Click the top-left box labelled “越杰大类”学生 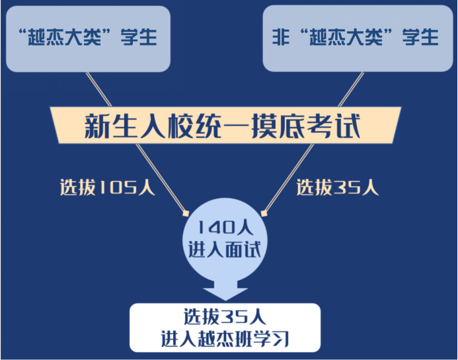point(88,39)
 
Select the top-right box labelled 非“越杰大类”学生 point(358,38)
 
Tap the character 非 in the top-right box point(281,37)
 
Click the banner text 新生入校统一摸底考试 point(222,126)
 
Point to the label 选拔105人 point(108,187)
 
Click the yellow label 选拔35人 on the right point(338,187)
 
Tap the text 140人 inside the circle point(225,228)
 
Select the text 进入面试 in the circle point(224,250)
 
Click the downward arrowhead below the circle point(225,293)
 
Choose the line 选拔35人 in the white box point(225,317)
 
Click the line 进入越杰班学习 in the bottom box point(225,339)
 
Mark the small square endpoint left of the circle point(186,214)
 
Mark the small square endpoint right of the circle point(264,214)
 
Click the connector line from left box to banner point(98,89)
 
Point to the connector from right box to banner point(351,89)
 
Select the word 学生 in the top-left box point(139,37)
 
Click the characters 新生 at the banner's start point(111,126)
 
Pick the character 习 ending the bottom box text point(281,339)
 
